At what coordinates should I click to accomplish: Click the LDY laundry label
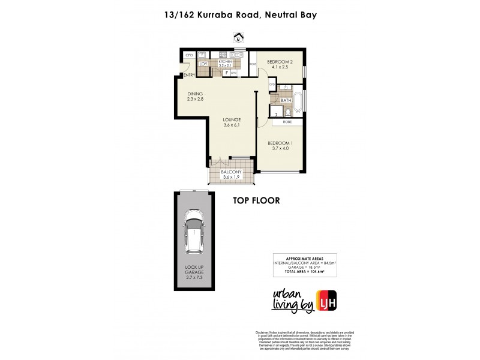point(203,64)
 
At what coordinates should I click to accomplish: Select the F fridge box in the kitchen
point(226,73)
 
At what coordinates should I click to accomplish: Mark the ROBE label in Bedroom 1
point(287,122)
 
